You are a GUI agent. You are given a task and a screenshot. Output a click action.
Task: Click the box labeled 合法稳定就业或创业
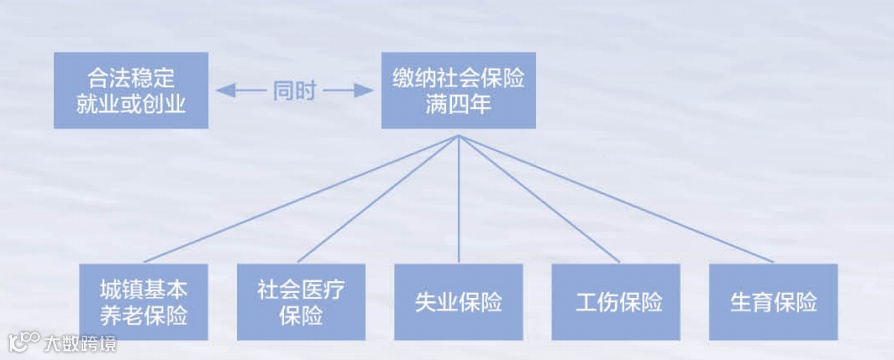[130, 90]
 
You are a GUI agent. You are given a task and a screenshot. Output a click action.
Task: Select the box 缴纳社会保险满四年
[458, 90]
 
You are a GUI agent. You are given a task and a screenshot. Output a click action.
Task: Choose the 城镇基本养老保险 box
[144, 302]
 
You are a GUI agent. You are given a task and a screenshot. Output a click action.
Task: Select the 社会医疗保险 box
[301, 302]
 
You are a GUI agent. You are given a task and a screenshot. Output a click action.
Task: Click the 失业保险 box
[458, 302]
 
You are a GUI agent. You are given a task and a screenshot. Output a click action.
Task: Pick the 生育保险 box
[773, 302]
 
